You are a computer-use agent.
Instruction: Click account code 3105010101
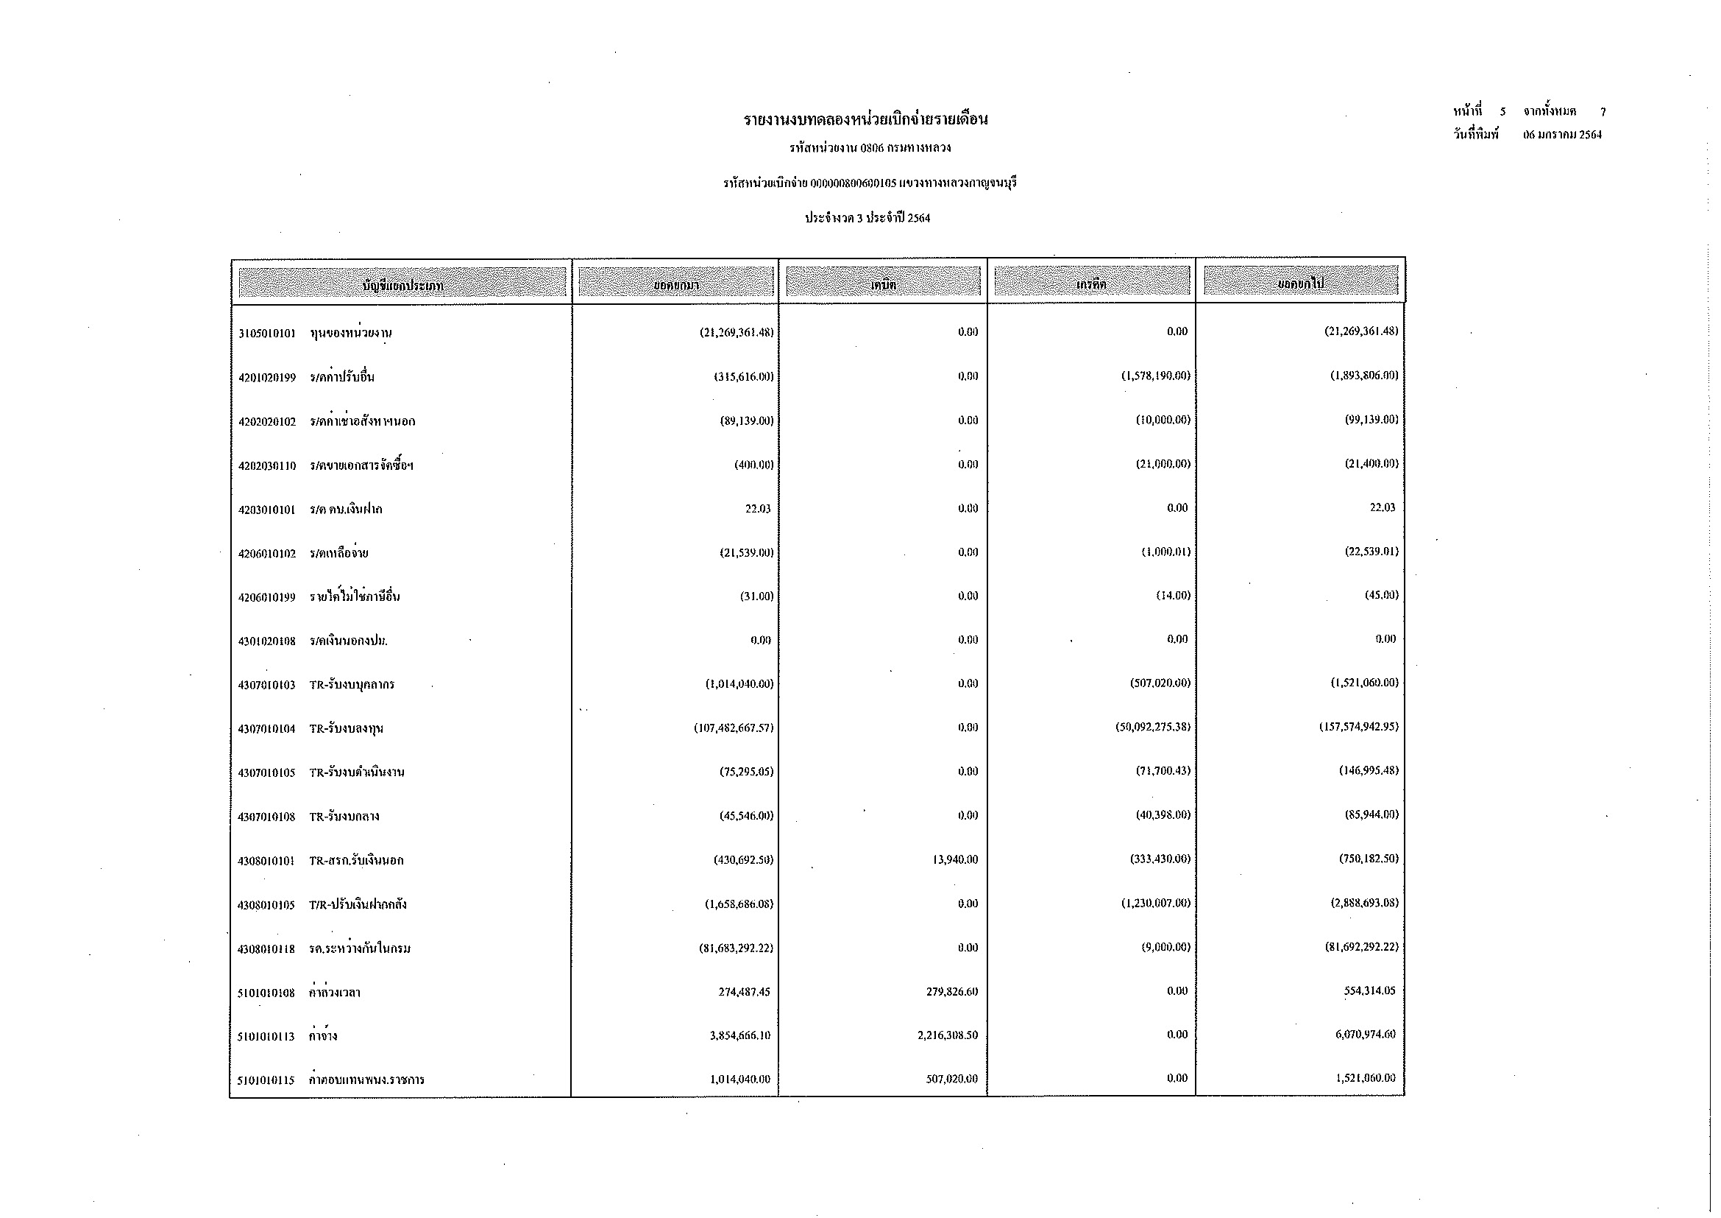coord(267,333)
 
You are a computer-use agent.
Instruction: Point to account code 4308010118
coord(267,949)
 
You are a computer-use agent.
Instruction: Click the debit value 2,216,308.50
coord(948,1036)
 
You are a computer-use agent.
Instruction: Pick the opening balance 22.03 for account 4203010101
coord(757,510)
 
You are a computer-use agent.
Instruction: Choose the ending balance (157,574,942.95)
coord(1358,727)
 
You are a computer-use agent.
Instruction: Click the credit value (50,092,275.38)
coord(1152,728)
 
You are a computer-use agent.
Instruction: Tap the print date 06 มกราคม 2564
coord(1562,135)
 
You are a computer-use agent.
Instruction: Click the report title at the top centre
coord(866,119)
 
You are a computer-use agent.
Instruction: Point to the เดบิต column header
coord(883,284)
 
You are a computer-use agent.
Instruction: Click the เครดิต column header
coord(1090,284)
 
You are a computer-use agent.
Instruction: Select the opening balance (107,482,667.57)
coord(733,728)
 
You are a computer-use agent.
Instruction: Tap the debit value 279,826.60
coord(952,991)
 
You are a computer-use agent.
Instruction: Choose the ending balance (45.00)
coord(1382,596)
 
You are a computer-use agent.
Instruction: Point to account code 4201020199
coord(267,377)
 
